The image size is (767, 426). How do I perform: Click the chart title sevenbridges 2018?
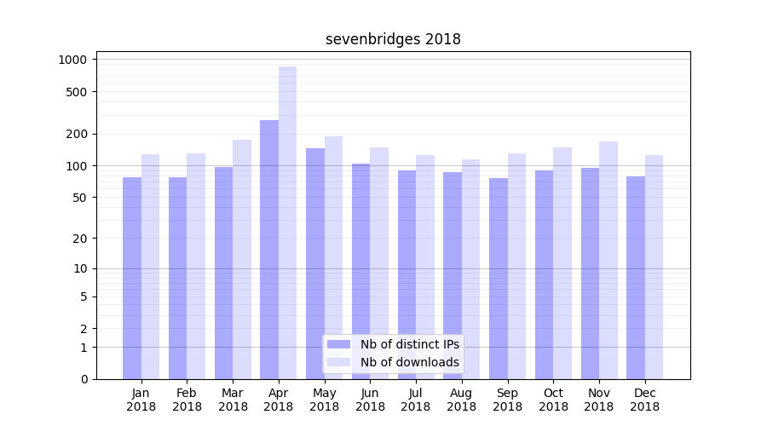coord(393,39)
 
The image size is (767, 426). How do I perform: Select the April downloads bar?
coord(287,222)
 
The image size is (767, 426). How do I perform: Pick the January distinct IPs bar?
coord(132,278)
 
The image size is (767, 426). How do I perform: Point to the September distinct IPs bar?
coord(499,278)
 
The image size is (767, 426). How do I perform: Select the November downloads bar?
coord(608,260)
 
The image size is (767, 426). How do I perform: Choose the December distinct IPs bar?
coord(636,277)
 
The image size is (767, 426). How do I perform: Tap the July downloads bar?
coord(425,267)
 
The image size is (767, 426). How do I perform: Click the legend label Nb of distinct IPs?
coord(409,344)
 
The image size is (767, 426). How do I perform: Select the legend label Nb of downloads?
coord(409,362)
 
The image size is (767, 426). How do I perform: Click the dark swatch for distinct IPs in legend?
coord(339,344)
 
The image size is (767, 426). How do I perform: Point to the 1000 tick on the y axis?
coord(72,60)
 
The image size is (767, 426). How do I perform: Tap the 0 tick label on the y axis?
coord(84,379)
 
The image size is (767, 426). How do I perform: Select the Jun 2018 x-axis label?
coord(370,400)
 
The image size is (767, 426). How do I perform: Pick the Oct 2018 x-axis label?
coord(553,400)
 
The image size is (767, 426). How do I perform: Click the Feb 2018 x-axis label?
coord(187,400)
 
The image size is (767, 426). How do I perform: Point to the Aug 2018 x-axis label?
coord(461,400)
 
